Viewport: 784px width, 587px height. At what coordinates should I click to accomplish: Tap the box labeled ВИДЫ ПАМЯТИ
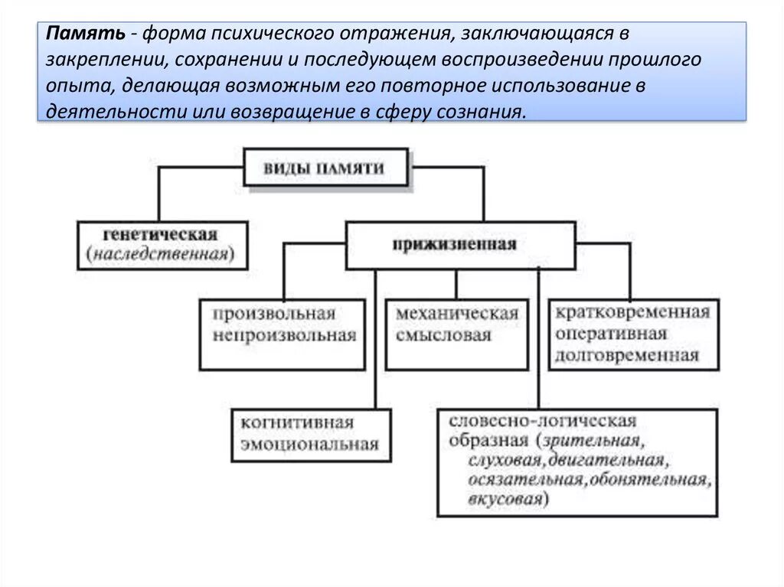[325, 168]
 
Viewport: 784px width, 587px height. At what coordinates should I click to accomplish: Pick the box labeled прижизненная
[459, 245]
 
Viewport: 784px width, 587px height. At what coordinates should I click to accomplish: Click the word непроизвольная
[285, 335]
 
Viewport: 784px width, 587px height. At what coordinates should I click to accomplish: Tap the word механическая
[457, 315]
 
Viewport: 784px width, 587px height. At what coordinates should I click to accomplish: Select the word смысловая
[443, 335]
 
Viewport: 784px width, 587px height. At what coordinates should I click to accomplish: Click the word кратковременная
[632, 313]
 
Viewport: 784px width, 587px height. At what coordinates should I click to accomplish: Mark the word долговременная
[628, 354]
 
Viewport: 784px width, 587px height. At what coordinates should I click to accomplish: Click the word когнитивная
[296, 423]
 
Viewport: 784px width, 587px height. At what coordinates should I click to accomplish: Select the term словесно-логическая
[542, 421]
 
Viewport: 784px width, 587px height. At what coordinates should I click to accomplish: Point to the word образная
[488, 441]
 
